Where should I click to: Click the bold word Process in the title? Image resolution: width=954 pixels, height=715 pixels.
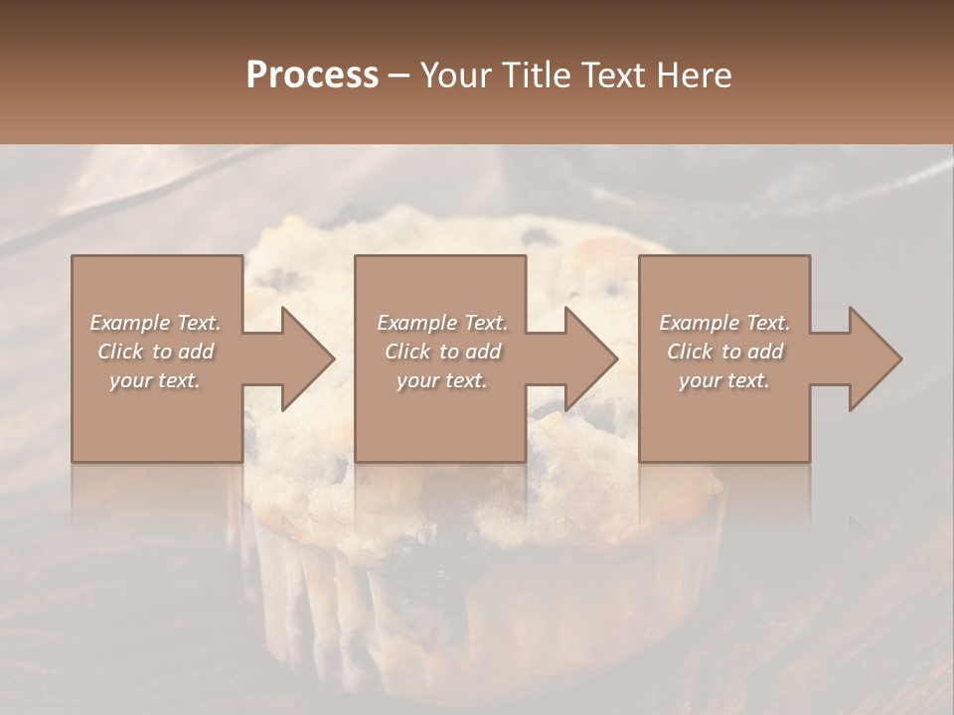(312, 75)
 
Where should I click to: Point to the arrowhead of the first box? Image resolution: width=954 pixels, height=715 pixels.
(303, 358)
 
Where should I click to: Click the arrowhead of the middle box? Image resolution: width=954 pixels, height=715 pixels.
(587, 358)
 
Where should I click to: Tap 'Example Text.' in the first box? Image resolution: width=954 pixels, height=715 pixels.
(155, 323)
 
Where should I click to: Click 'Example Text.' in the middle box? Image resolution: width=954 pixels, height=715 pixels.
(441, 323)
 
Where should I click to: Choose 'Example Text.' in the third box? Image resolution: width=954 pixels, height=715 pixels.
(724, 323)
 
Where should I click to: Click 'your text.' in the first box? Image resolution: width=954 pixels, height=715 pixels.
(155, 380)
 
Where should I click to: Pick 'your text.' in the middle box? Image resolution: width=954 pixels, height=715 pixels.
(441, 380)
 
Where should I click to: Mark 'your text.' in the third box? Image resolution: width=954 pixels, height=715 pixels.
(724, 380)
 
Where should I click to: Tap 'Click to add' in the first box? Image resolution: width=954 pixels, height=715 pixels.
(155, 352)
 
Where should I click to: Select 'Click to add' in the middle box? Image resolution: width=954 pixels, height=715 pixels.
(441, 352)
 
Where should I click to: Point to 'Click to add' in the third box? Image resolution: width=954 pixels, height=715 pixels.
(724, 352)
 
